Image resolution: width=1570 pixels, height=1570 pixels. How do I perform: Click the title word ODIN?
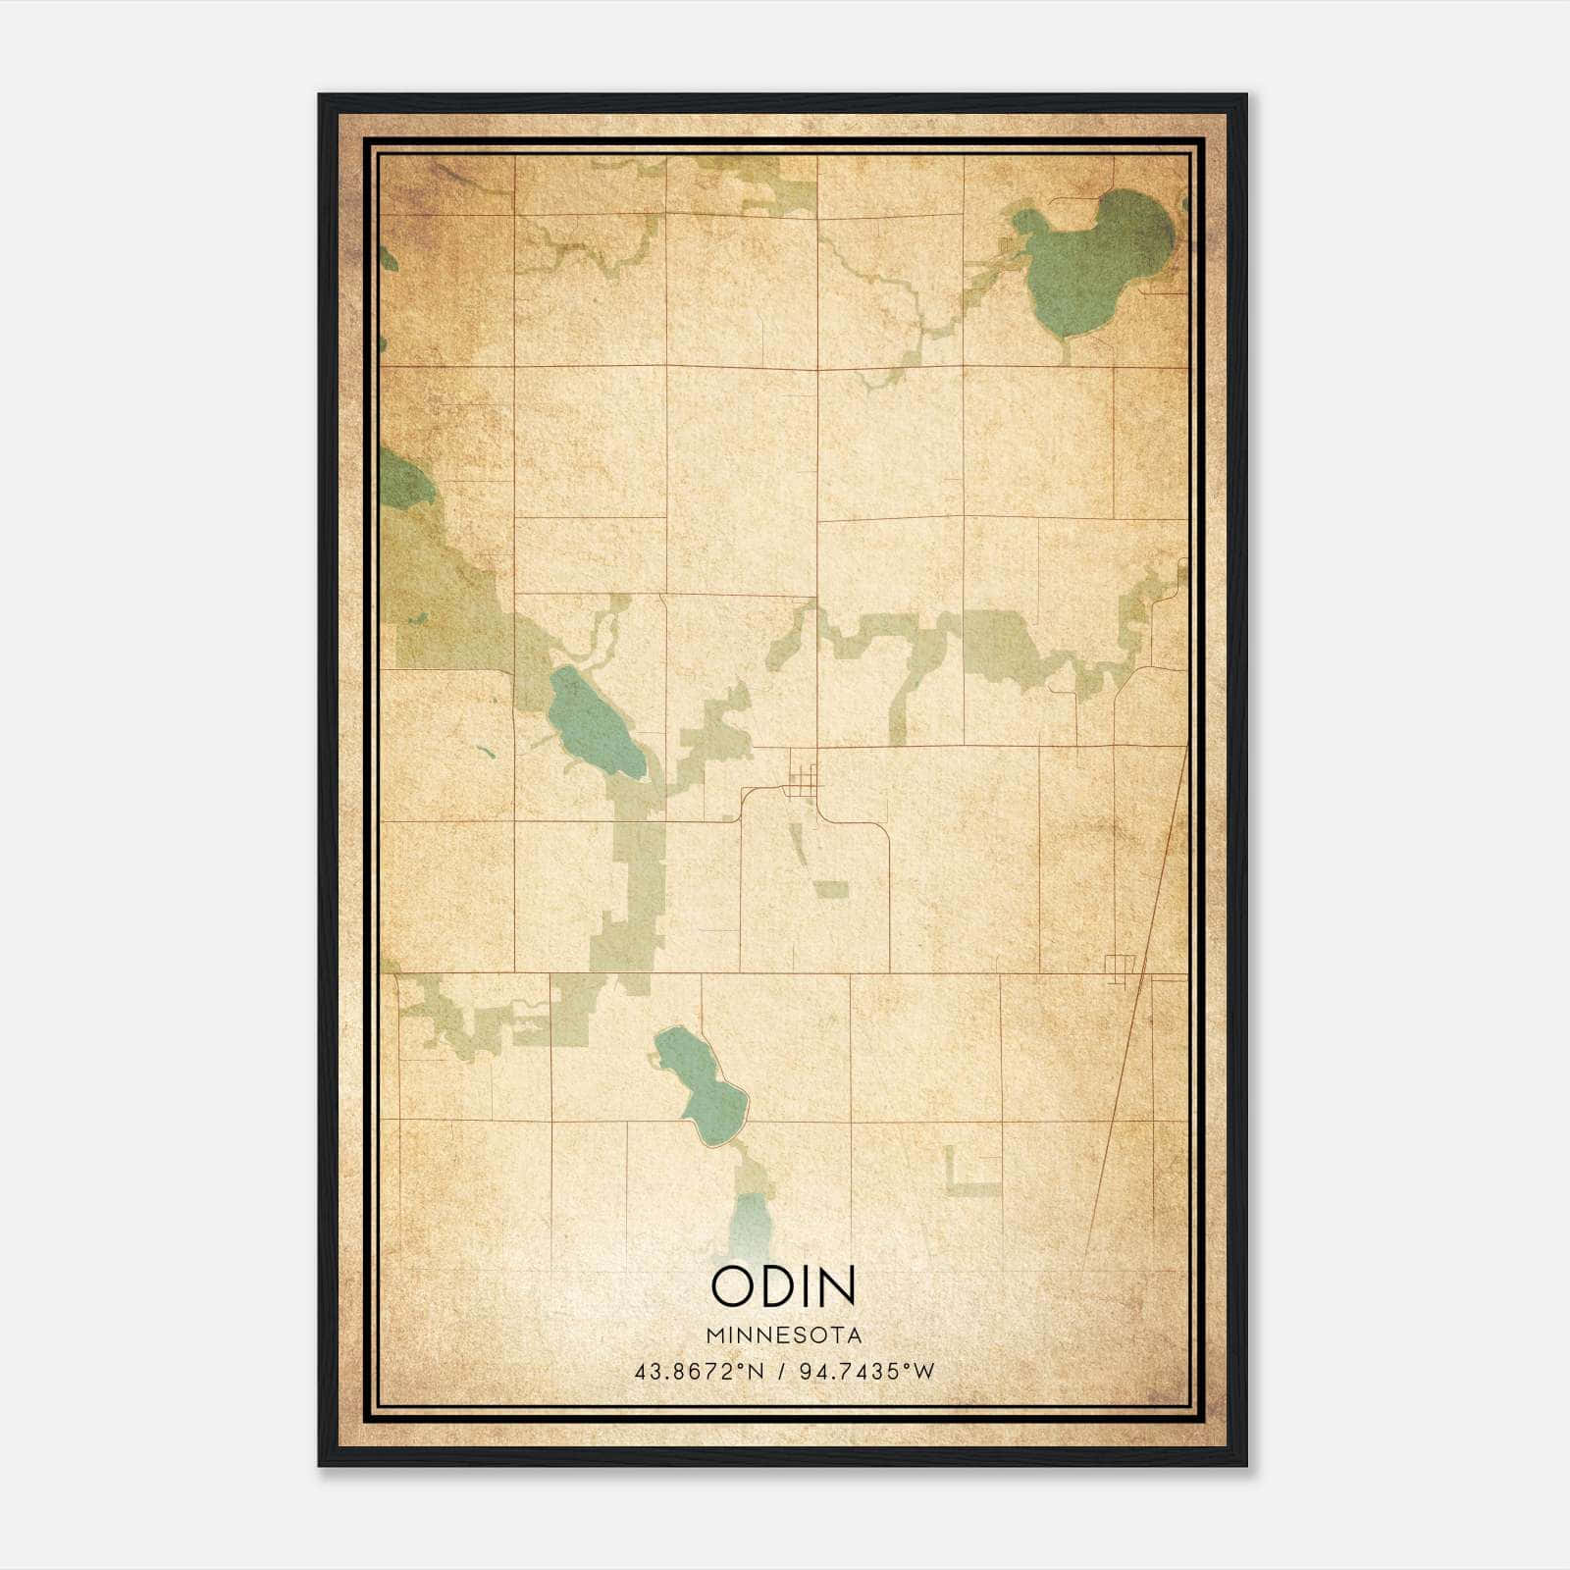(x=784, y=1285)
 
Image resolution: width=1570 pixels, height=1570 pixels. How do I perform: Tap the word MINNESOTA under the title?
(x=784, y=1335)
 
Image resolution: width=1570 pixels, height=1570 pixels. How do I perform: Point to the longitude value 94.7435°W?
(x=867, y=1372)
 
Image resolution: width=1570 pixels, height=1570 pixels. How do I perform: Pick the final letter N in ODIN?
(x=837, y=1285)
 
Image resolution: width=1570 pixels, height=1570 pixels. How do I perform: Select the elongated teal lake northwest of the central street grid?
(x=594, y=721)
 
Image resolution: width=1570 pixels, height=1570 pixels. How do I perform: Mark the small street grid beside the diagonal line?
(x=1120, y=966)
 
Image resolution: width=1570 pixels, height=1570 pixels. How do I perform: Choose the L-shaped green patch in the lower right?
(x=967, y=1177)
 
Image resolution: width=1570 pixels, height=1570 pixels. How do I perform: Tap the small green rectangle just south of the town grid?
(x=832, y=889)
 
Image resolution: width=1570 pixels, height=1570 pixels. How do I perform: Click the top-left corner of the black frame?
(x=320, y=96)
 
